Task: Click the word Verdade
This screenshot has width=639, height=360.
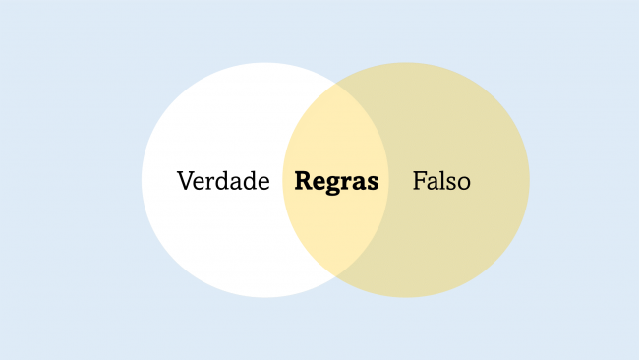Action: [223, 181]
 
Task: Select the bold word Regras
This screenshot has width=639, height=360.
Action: [336, 182]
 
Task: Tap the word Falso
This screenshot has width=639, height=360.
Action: [441, 181]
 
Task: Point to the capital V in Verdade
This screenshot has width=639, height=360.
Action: [185, 181]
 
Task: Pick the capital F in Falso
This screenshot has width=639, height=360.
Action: [419, 181]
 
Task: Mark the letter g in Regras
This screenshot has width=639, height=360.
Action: [330, 185]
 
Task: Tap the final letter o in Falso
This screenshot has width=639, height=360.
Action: [464, 183]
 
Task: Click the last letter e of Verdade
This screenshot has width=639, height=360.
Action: [263, 183]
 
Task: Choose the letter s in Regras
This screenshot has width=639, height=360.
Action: [372, 183]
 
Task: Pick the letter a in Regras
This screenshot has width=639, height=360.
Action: [359, 183]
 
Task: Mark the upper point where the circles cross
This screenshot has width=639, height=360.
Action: [336, 86]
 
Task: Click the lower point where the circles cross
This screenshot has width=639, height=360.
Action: [336, 274]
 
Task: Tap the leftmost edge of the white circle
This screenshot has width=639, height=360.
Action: [142, 180]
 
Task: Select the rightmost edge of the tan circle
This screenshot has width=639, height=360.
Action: [530, 180]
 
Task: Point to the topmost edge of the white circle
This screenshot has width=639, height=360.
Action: [265, 63]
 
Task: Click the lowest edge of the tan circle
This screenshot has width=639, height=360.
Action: [406, 297]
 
